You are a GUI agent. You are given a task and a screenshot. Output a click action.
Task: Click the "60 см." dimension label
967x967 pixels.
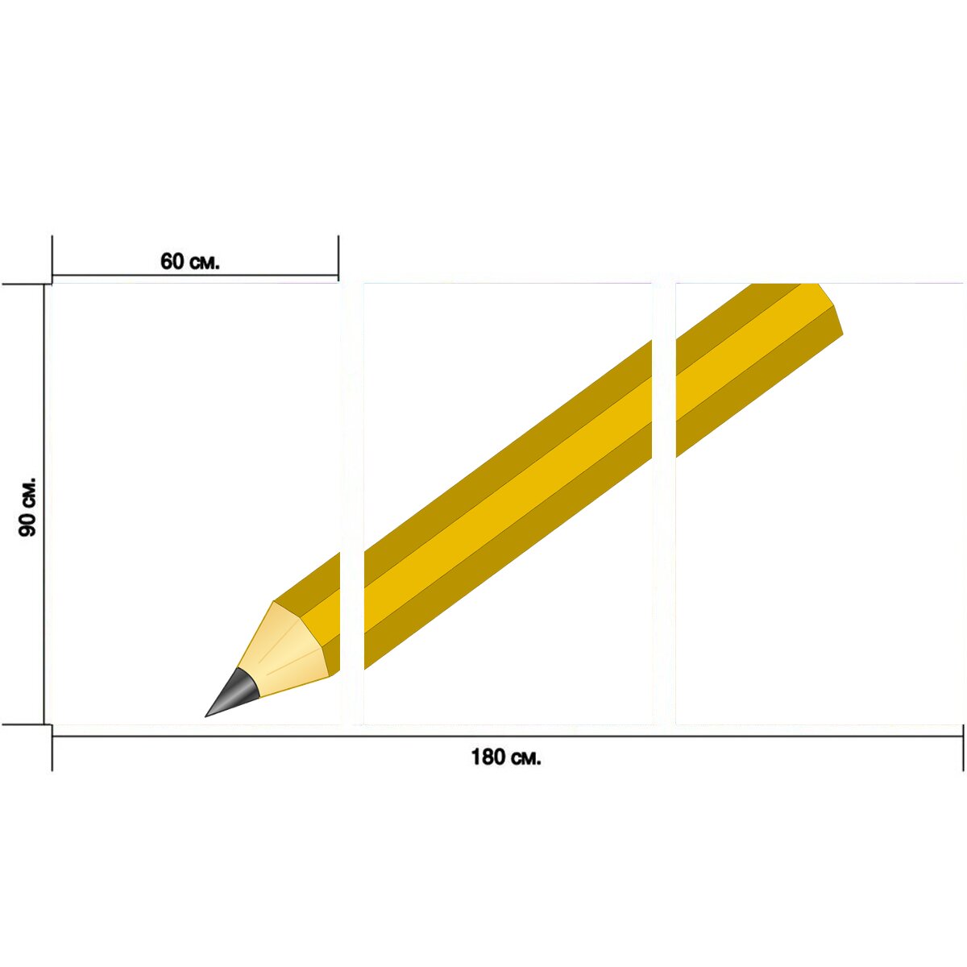point(189,261)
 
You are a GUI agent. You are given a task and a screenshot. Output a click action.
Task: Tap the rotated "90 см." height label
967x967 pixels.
point(27,507)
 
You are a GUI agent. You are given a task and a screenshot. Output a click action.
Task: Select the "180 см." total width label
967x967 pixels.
point(506,757)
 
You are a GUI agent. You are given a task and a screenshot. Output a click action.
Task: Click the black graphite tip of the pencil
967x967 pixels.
point(232,693)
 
